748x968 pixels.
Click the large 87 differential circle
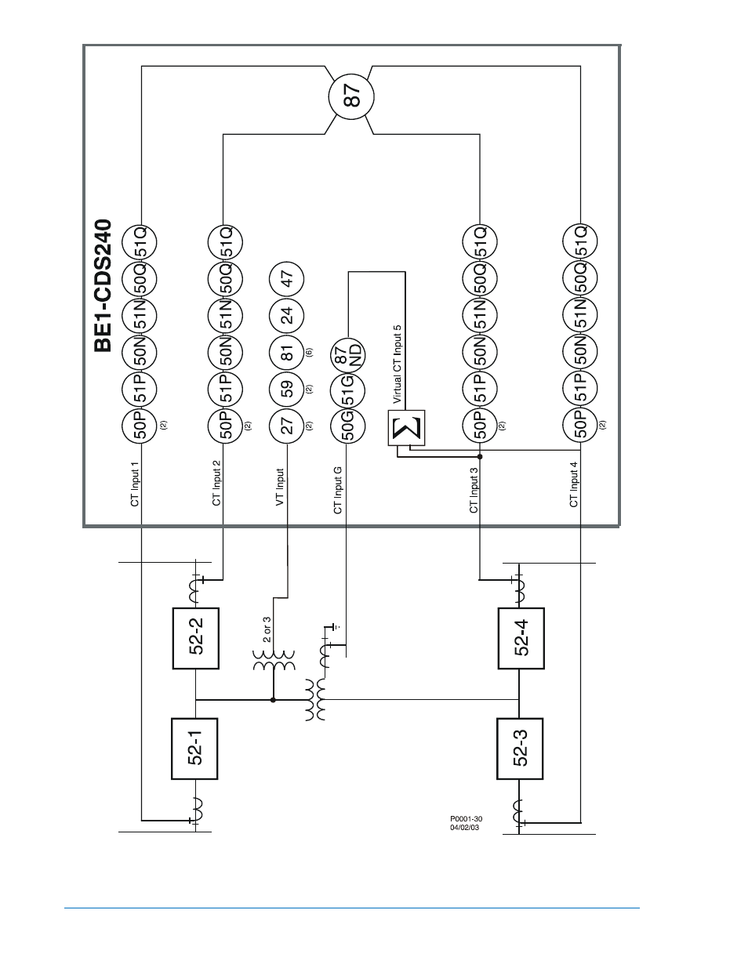tap(350, 97)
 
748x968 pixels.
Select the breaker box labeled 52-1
tap(194, 748)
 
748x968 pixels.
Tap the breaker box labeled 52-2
tap(195, 638)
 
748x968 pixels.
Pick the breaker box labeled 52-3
tap(521, 748)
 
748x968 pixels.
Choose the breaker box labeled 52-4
tap(521, 638)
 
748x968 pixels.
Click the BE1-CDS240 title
tap(103, 287)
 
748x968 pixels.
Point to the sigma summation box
tap(406, 428)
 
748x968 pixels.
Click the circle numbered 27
tap(287, 426)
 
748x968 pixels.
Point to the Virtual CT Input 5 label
tap(397, 364)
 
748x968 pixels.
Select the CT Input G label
tap(338, 490)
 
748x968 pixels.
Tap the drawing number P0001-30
tap(466, 819)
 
